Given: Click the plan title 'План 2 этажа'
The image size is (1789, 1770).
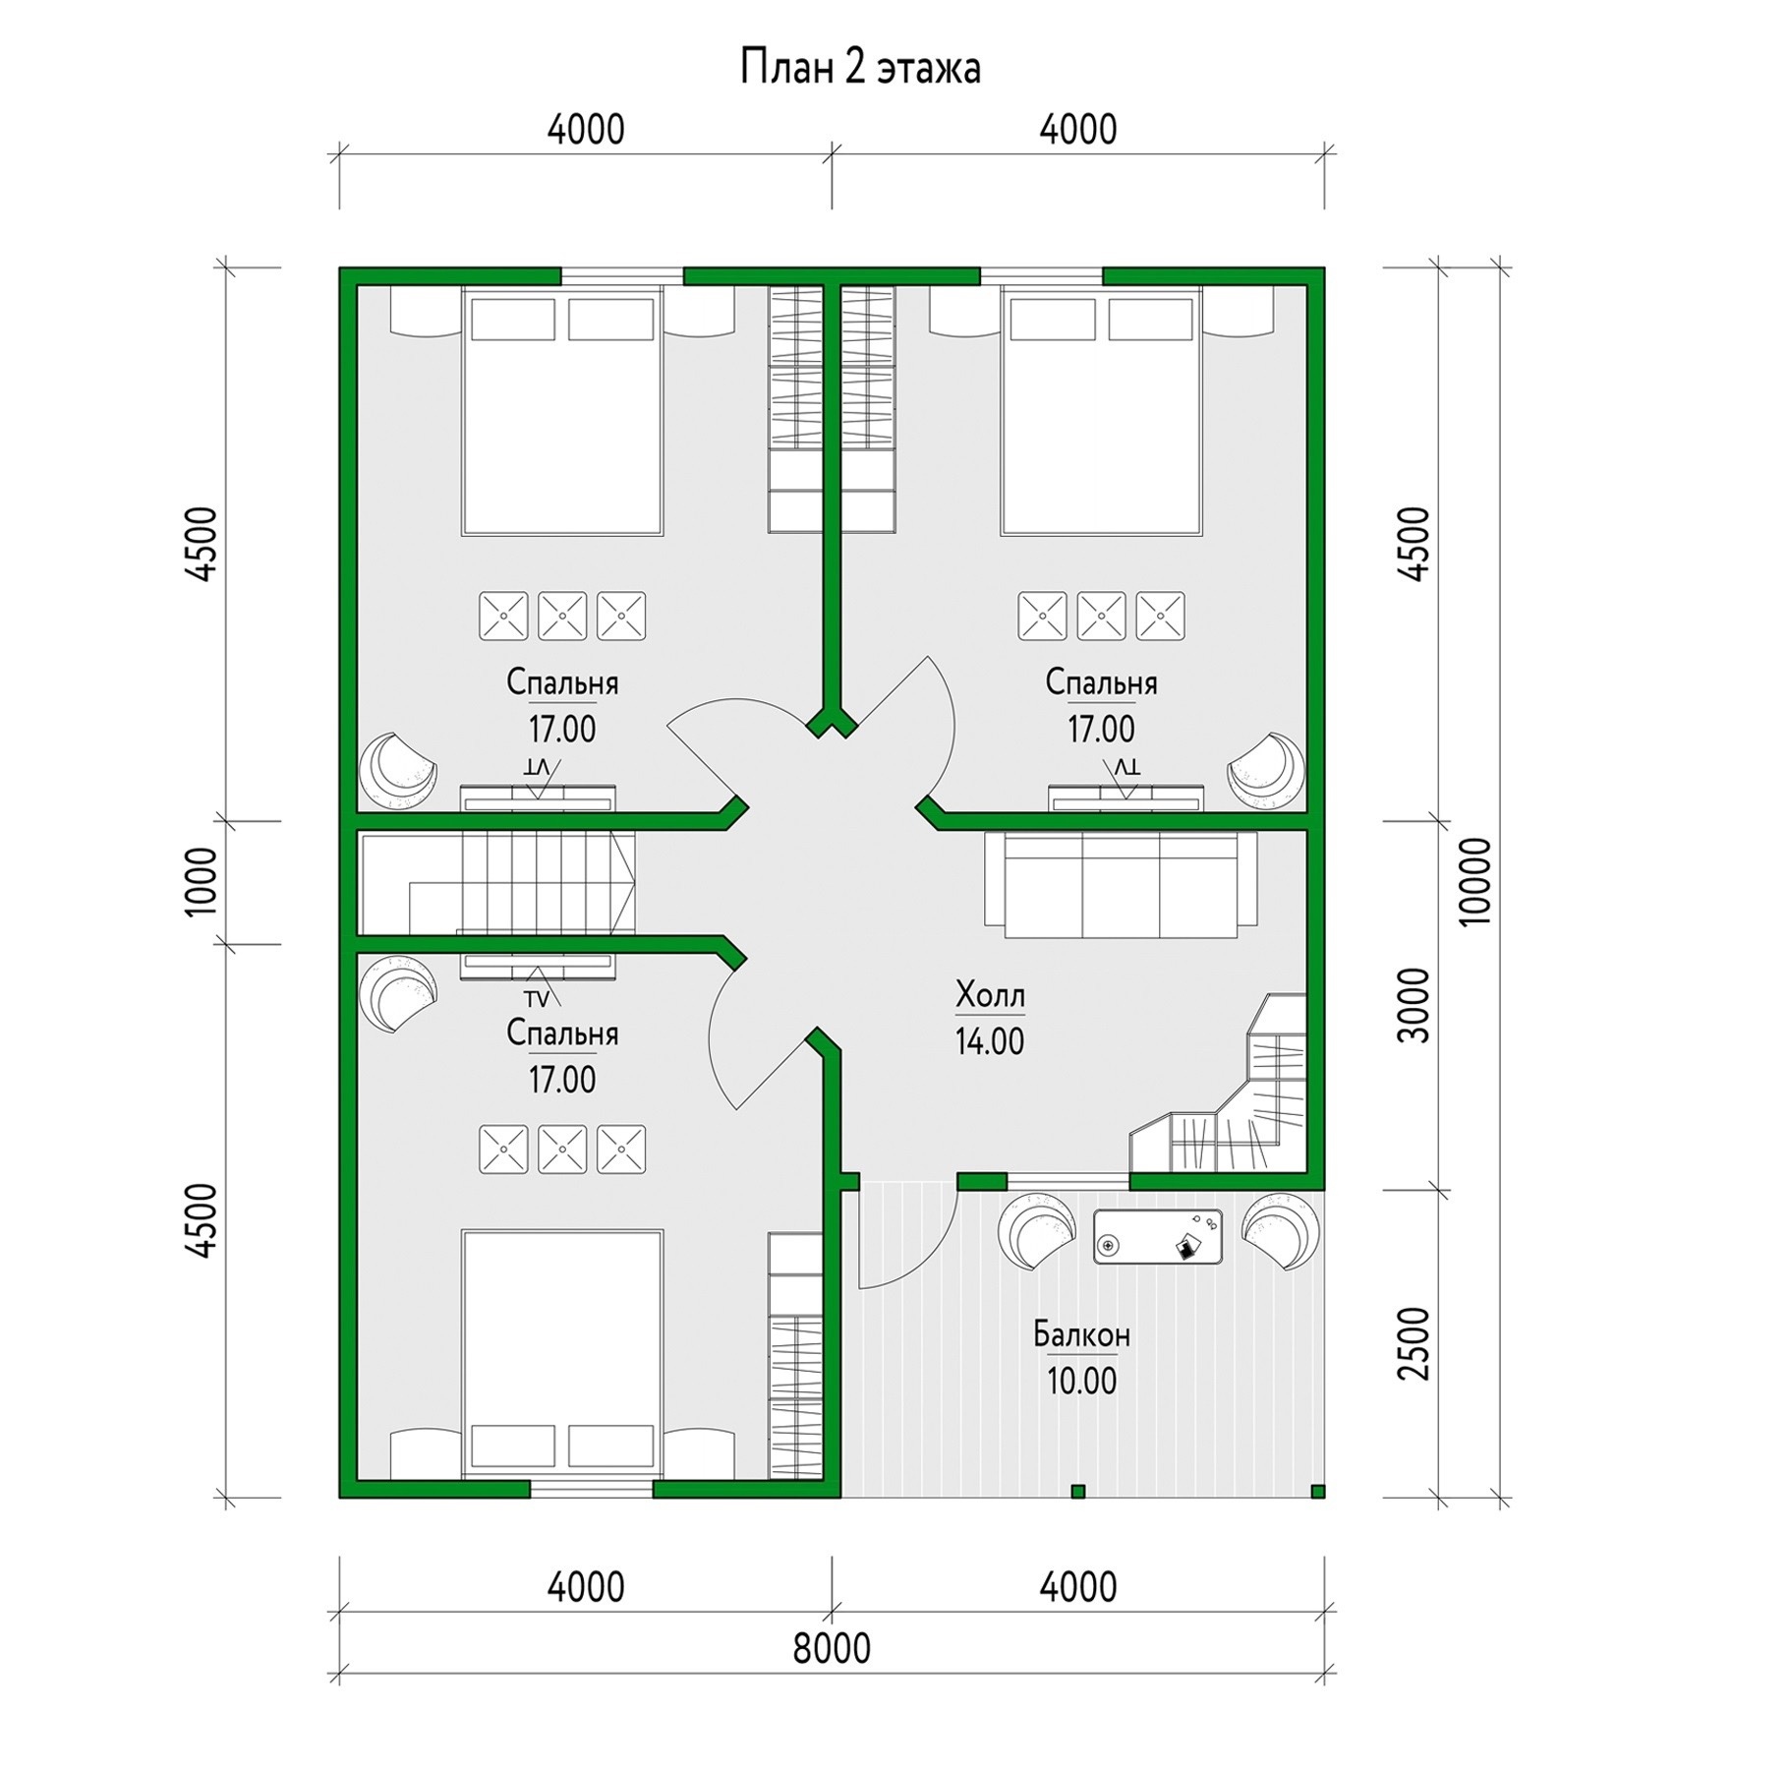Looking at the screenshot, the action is (x=860, y=69).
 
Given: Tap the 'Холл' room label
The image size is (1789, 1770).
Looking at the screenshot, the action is (x=990, y=995).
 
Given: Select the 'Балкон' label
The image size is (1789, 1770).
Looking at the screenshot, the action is (x=1081, y=1334).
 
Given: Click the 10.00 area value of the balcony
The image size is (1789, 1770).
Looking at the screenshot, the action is (x=1081, y=1382).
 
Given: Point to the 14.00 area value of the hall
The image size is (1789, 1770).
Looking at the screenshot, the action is (x=990, y=1041).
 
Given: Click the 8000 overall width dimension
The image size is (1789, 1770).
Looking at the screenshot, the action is (x=832, y=1649).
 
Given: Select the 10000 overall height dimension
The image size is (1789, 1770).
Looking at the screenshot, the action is (x=1476, y=881).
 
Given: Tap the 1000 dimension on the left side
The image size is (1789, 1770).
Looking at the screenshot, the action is (x=201, y=881).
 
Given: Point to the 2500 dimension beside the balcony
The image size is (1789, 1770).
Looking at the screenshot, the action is (x=1415, y=1343).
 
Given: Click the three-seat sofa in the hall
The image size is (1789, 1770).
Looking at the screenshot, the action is (x=1121, y=885).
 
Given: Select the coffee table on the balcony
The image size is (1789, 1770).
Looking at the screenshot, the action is (x=1158, y=1237).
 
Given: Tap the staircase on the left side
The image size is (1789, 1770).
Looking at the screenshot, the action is (x=496, y=883).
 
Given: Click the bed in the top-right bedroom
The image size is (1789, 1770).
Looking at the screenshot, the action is (x=1101, y=411).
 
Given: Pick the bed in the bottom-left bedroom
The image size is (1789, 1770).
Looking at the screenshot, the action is (x=562, y=1353).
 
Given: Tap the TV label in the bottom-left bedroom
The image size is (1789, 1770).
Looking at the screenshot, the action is (x=536, y=1000).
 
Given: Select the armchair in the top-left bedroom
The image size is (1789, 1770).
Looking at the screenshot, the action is (x=397, y=771).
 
